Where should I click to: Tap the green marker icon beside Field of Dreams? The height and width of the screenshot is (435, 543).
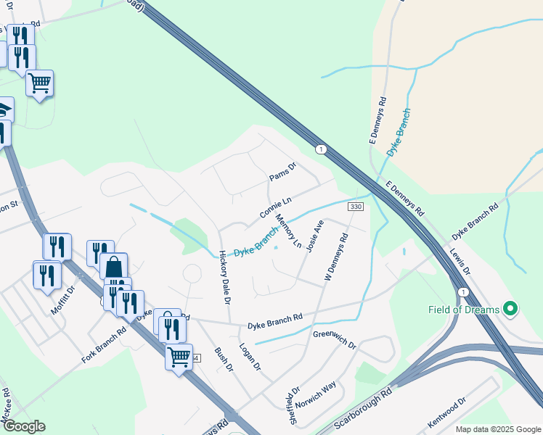pyautogui.click(x=510, y=310)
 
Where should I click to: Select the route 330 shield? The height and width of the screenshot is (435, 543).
pyautogui.click(x=355, y=207)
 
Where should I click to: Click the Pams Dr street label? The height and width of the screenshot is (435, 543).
pyautogui.click(x=283, y=172)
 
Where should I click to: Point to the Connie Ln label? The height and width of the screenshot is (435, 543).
pyautogui.click(x=275, y=208)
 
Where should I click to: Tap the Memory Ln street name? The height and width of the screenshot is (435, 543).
pyautogui.click(x=288, y=231)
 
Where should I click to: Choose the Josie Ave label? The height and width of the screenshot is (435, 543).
pyautogui.click(x=314, y=236)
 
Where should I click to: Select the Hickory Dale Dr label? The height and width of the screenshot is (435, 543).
pyautogui.click(x=225, y=277)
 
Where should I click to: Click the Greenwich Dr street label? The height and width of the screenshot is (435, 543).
pyautogui.click(x=335, y=339)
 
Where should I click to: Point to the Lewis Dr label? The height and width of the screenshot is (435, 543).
pyautogui.click(x=460, y=262)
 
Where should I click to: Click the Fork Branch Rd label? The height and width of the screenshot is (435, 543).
pyautogui.click(x=104, y=344)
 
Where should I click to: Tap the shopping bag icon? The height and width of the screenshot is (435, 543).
pyautogui.click(x=113, y=267)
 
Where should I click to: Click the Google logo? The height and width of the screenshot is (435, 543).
pyautogui.click(x=23, y=426)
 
